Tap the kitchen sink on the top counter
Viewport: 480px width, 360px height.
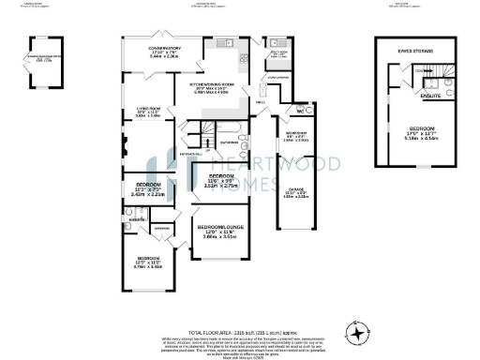click(x=225, y=44)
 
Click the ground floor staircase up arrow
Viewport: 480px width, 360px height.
click(x=198, y=130)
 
